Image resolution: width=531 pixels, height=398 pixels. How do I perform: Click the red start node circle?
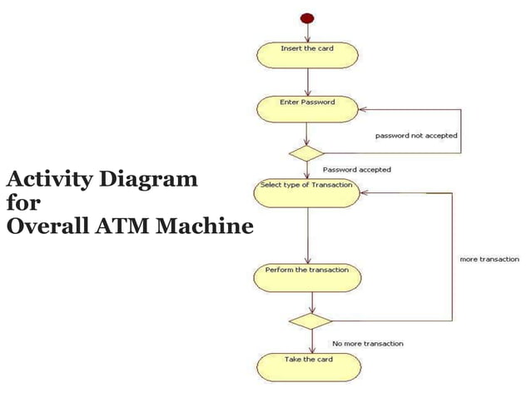tap(307, 18)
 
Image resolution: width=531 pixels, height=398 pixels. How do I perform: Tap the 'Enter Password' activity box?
tap(307, 108)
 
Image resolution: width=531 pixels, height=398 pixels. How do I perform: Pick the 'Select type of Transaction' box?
tap(307, 192)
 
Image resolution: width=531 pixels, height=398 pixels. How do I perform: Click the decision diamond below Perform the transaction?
tap(310, 321)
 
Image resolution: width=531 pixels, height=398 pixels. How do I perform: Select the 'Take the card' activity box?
tap(309, 366)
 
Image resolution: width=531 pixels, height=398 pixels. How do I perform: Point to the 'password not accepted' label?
tap(416, 135)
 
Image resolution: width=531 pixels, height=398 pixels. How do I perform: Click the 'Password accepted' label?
tap(356, 169)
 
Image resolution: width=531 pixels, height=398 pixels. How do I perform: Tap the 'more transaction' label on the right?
tap(489, 260)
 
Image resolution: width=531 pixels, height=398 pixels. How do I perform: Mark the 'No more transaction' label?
tap(368, 343)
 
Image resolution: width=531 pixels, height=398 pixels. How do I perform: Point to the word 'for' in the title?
tap(17, 202)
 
